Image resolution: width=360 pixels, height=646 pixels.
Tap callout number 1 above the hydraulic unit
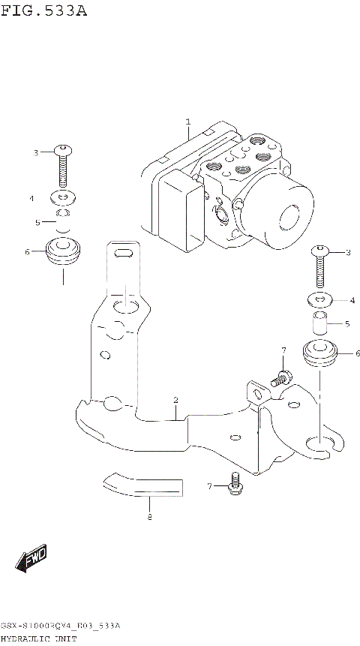click(187, 121)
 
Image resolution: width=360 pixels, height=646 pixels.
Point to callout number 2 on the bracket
click(175, 401)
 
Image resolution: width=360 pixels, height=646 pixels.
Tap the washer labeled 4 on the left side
click(64, 199)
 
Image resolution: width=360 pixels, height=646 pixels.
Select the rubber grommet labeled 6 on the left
click(64, 253)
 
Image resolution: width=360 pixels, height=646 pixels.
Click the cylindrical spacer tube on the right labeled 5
click(319, 326)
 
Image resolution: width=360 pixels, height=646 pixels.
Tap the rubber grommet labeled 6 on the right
click(320, 353)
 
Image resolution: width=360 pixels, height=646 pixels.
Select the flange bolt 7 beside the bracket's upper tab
click(280, 377)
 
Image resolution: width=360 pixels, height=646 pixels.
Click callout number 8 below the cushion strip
click(149, 518)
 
